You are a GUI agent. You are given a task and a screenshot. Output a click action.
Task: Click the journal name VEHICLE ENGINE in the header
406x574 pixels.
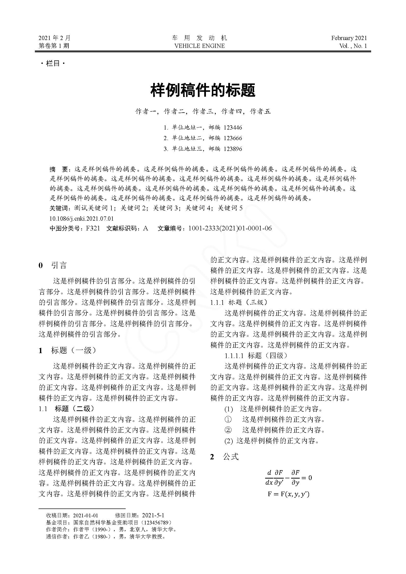(x=199, y=46)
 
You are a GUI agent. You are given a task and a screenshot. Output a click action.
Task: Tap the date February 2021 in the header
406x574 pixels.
(x=349, y=38)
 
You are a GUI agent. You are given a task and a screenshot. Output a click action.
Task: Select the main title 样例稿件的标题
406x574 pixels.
(x=203, y=90)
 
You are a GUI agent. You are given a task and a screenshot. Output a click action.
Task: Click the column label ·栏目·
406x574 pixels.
(x=53, y=64)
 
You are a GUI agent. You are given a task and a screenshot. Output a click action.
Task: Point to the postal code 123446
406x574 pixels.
(x=233, y=128)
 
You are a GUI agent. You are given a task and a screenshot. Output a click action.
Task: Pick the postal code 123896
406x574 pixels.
(x=233, y=149)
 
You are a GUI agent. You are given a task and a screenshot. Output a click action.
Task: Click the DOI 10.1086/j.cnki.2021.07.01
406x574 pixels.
(x=81, y=218)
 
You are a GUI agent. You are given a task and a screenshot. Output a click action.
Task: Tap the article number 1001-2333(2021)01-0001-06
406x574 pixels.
(x=230, y=228)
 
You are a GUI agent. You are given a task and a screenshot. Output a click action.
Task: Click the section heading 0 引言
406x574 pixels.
(x=53, y=265)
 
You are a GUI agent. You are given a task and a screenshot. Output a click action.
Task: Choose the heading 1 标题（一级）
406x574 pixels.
(x=67, y=350)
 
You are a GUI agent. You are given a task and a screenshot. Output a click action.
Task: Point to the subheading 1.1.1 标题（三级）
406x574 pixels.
(x=239, y=302)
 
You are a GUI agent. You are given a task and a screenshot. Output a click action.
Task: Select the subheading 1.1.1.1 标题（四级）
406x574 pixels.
(x=256, y=356)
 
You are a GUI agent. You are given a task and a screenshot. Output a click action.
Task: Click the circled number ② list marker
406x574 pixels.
(x=228, y=430)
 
